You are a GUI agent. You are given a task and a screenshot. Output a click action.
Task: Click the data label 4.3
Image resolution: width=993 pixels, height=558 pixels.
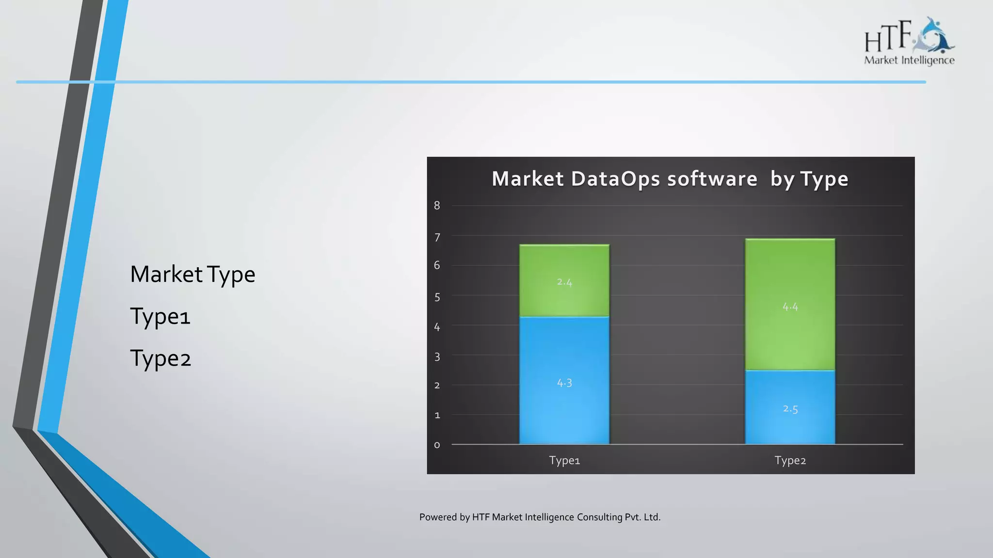(x=564, y=383)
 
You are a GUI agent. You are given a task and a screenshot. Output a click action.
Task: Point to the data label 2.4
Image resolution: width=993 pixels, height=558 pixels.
(x=564, y=282)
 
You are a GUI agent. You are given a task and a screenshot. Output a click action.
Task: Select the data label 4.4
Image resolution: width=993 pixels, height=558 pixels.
(x=790, y=307)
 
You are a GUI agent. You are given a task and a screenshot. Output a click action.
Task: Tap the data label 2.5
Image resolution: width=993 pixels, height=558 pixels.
(x=790, y=409)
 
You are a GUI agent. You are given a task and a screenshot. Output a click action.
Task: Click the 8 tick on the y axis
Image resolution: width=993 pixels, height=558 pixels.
(x=437, y=205)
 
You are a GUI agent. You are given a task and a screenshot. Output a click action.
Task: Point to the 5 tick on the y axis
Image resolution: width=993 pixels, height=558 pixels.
(x=437, y=296)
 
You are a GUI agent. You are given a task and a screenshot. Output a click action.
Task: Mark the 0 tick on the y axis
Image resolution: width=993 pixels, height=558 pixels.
(x=437, y=445)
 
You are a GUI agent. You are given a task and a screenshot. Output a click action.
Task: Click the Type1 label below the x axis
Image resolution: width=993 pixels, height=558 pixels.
(x=564, y=460)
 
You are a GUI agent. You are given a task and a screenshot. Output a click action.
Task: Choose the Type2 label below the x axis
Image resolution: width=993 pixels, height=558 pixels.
(x=790, y=460)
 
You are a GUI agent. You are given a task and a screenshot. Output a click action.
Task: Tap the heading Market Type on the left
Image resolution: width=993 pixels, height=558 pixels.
(x=192, y=274)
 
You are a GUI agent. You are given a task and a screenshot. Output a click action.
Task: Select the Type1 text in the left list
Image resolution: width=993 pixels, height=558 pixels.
(x=160, y=316)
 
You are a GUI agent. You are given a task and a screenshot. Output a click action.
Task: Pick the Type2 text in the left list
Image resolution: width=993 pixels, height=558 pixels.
(x=160, y=358)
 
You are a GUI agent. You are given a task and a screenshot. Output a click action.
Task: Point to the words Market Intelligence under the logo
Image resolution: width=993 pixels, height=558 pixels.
(x=909, y=60)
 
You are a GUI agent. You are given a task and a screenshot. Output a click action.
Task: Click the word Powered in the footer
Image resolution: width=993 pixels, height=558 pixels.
(x=438, y=517)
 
